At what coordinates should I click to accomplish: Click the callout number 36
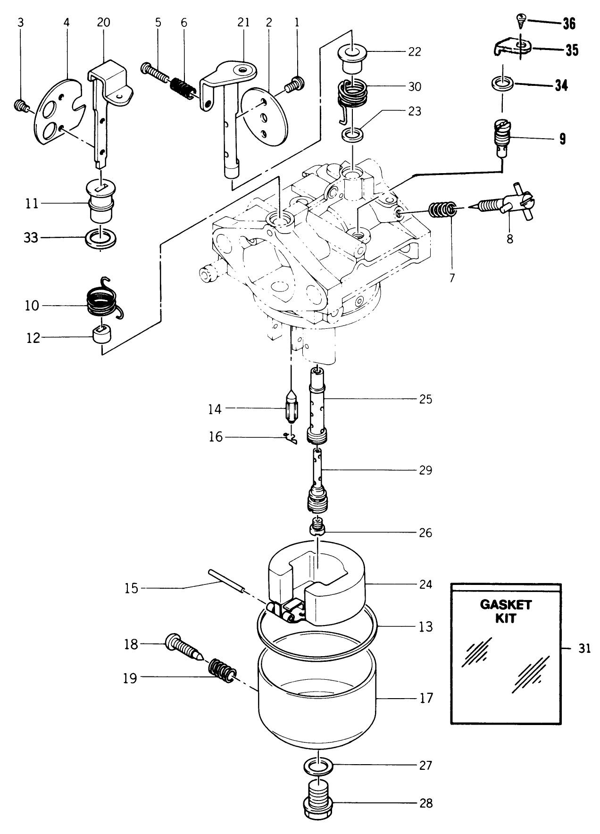pyautogui.click(x=569, y=24)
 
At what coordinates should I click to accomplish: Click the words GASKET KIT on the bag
pyautogui.click(x=505, y=611)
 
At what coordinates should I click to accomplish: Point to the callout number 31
pyautogui.click(x=584, y=649)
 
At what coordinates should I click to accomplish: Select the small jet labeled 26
pyautogui.click(x=319, y=527)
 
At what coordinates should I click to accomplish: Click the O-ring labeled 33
pyautogui.click(x=101, y=239)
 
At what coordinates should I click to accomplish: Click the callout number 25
pyautogui.click(x=425, y=399)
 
